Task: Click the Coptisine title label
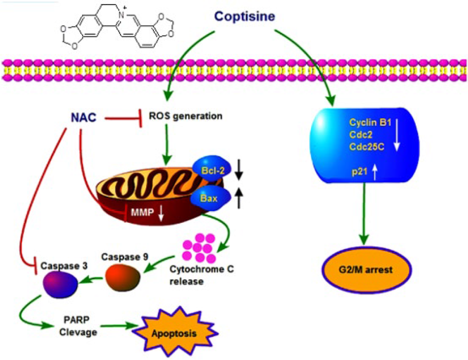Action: pyautogui.click(x=245, y=16)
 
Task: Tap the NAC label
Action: pyautogui.click(x=84, y=118)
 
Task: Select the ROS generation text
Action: pyautogui.click(x=185, y=116)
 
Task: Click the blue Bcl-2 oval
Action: pyautogui.click(x=212, y=169)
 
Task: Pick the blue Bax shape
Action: pyautogui.click(x=210, y=198)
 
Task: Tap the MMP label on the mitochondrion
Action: pyautogui.click(x=142, y=212)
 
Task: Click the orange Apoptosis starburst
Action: pyautogui.click(x=175, y=332)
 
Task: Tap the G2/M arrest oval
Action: pyautogui.click(x=366, y=270)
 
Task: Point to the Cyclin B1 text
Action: pyautogui.click(x=370, y=123)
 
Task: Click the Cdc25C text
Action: pyautogui.click(x=367, y=147)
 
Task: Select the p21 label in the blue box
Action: pyautogui.click(x=359, y=172)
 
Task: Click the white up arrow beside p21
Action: pyautogui.click(x=375, y=173)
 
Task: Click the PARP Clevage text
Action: pyautogui.click(x=78, y=326)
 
